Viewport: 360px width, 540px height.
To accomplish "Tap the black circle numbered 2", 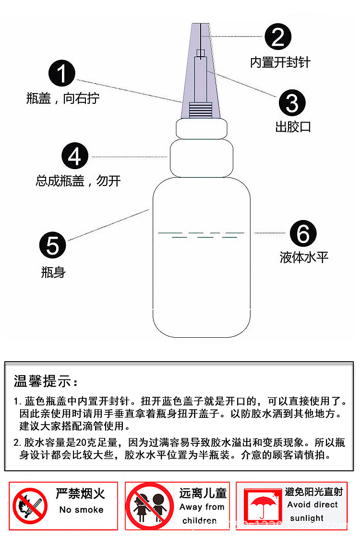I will tap(278, 37).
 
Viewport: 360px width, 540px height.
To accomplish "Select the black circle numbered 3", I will tap(292, 103).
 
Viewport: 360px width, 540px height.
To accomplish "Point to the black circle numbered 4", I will tap(75, 157).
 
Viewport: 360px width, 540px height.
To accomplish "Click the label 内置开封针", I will tap(280, 62).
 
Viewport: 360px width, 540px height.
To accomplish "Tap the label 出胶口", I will tap(293, 127).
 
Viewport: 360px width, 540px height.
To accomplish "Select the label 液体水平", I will tap(304, 258).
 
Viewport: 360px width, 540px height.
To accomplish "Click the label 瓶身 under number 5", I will tap(53, 273).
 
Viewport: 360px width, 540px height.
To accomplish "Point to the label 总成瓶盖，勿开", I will tap(78, 181).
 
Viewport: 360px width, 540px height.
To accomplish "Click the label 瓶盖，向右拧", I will tap(62, 99).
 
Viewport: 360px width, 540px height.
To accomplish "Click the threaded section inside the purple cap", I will tap(201, 110).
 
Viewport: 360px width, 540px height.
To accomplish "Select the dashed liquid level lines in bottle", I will tap(201, 234).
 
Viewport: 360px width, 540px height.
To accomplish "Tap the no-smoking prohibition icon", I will tap(30, 506).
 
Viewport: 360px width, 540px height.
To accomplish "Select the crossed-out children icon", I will tap(150, 506).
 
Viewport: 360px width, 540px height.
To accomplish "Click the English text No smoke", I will tap(81, 510).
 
